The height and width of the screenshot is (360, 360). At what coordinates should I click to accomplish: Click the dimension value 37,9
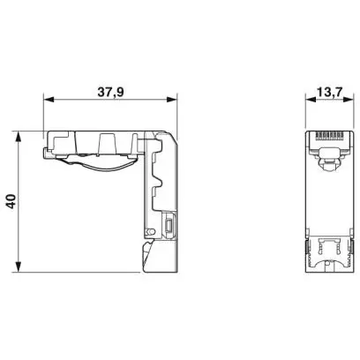click(111, 92)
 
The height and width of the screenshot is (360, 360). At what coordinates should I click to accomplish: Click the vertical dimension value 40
click(11, 201)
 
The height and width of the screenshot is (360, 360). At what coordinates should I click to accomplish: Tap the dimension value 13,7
click(330, 92)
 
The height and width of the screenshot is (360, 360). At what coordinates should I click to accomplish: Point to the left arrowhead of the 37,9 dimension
click(49, 100)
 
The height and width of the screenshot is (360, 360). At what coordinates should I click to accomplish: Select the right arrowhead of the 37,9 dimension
click(171, 100)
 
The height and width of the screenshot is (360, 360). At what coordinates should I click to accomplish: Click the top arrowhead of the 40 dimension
click(19, 137)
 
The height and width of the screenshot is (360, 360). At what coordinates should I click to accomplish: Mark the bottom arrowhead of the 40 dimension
click(19, 266)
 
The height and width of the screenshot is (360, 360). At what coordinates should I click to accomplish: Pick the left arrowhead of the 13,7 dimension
click(311, 100)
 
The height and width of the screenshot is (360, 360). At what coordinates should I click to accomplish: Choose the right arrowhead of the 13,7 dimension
click(348, 100)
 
